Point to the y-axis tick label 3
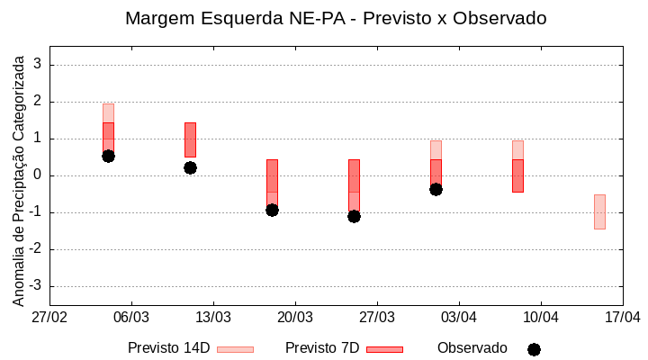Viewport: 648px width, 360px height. tap(38, 65)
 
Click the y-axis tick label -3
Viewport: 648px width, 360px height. tap(35, 286)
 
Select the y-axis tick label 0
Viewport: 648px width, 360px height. tap(38, 175)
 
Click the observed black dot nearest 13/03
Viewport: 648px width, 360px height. tap(190, 167)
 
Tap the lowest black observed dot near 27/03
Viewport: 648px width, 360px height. tap(354, 216)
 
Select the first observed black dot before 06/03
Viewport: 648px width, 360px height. tap(108, 156)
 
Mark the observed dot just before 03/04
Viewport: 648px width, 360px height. tap(436, 189)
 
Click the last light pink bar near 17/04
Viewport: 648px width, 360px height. tap(599, 211)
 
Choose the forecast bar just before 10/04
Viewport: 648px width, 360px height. tap(517, 175)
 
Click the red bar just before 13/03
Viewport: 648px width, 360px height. tap(190, 139)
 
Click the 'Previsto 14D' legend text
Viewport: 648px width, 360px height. tap(168, 348)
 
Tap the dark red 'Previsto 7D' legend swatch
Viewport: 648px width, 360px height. tap(384, 349)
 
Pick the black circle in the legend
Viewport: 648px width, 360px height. tap(534, 349)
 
